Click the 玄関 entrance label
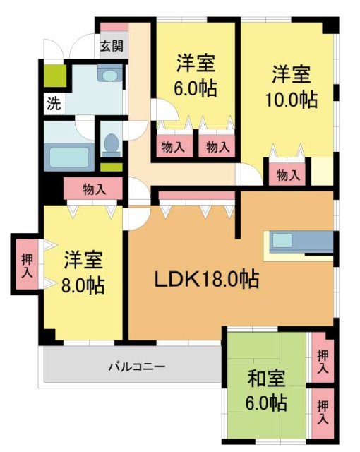click(x=111, y=47)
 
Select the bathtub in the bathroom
click(x=68, y=155)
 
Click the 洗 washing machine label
click(x=53, y=103)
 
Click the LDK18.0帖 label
click(x=206, y=279)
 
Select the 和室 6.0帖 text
click(x=266, y=391)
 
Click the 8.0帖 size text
click(x=83, y=285)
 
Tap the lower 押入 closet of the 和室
click(x=322, y=412)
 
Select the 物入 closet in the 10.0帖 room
click(x=287, y=175)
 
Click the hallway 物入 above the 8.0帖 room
click(x=93, y=189)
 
